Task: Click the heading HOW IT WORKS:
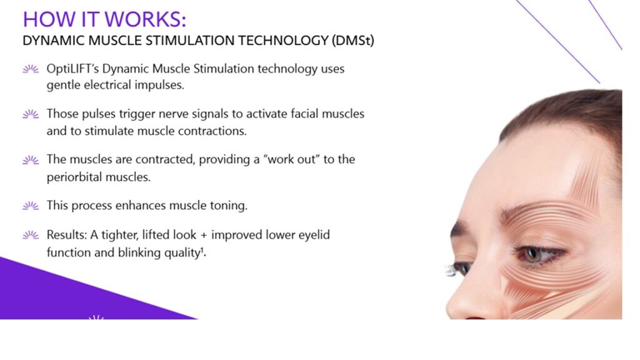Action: tap(104, 19)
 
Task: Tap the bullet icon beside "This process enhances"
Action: tap(30, 206)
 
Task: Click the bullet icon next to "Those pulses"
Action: tap(30, 114)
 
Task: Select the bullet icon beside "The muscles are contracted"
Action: tap(30, 160)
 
